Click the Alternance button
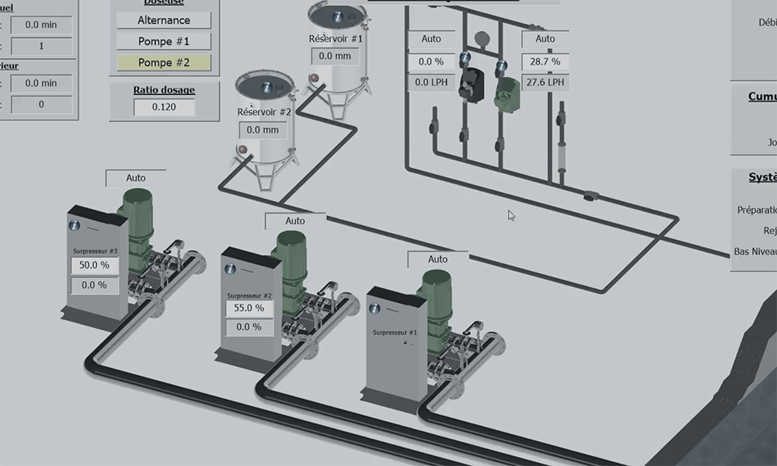point(164,20)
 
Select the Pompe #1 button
point(164,41)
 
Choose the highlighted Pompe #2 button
point(164,62)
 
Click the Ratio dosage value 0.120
point(164,107)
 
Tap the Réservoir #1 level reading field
point(335,56)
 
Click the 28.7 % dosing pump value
point(545,61)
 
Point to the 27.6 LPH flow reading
point(545,82)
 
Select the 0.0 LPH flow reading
point(430,82)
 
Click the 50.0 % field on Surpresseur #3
point(94,265)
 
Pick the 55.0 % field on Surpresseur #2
point(249,308)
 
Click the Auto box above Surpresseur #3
point(136,179)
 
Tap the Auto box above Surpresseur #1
point(438,259)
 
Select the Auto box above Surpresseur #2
point(295,221)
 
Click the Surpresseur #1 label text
point(395,332)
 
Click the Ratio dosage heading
point(164,90)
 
